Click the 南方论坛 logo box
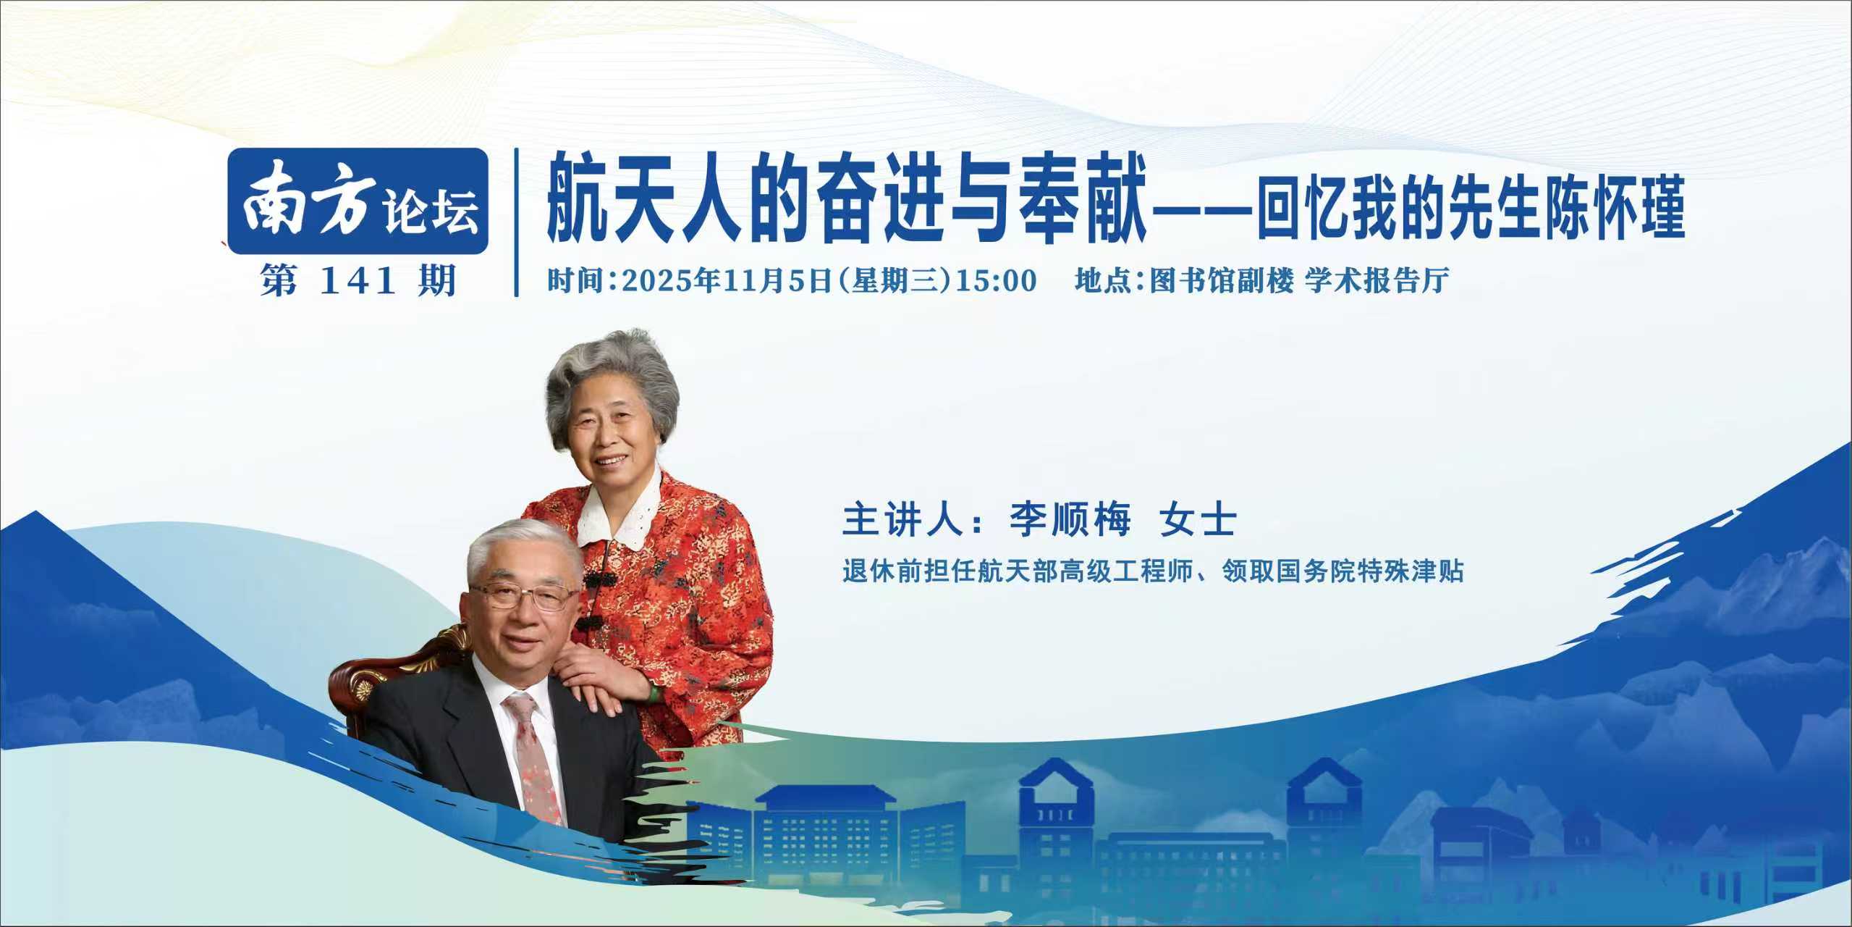coord(358,201)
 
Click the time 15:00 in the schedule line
coord(997,281)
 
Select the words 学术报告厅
coord(1377,281)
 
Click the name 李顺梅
coord(1070,520)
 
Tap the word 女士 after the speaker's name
coord(1198,520)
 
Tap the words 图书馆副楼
coord(1221,281)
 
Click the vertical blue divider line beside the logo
coord(516,222)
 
